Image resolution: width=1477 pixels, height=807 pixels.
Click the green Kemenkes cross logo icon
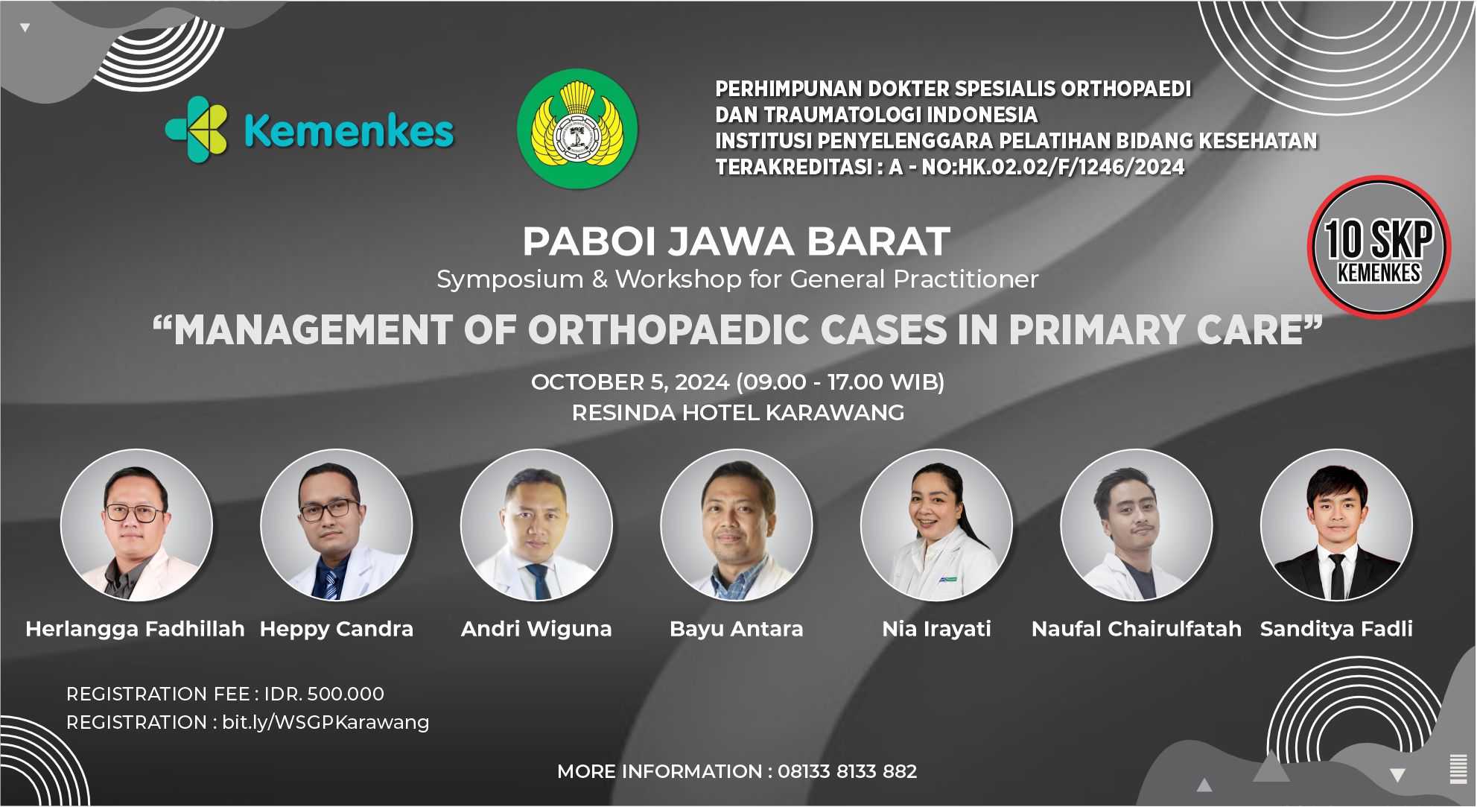pos(197,129)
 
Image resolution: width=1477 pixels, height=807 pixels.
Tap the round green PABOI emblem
pos(577,128)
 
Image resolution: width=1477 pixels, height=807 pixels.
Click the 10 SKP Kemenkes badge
pos(1379,247)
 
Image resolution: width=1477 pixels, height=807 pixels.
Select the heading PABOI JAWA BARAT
pos(736,241)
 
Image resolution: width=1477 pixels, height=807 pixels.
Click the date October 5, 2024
pos(629,382)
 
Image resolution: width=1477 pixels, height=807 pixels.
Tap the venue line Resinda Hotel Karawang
pos(737,413)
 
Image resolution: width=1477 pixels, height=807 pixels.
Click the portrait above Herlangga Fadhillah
pos(136,525)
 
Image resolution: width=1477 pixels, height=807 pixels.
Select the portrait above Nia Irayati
pos(936,525)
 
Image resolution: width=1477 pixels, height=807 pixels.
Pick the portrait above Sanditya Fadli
pos(1336,525)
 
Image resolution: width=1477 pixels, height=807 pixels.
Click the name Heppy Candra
pos(336,629)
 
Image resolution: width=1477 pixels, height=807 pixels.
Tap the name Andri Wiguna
pos(536,629)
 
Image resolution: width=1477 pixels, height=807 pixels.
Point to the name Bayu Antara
pos(736,629)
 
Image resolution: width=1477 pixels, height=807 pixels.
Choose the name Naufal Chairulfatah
pos(1136,629)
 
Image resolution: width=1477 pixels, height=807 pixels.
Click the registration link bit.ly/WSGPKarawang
pos(325,722)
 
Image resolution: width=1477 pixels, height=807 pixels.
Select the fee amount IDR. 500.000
pos(324,694)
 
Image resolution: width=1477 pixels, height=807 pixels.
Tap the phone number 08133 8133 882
pos(847,771)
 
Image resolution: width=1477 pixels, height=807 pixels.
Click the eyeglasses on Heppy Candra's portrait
pos(328,510)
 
